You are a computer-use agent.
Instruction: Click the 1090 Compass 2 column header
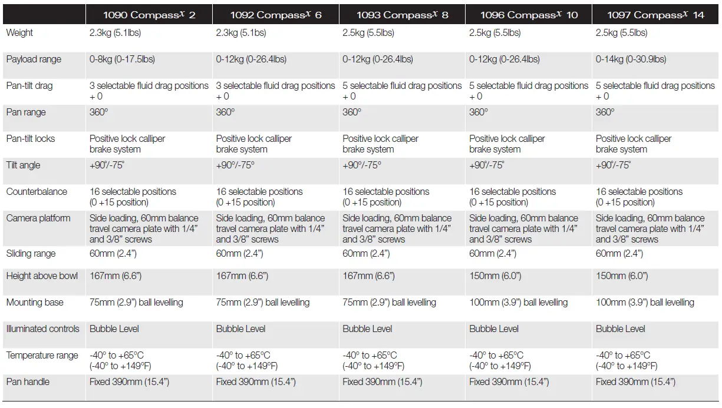click(x=149, y=15)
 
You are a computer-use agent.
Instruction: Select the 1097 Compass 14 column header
click(x=655, y=15)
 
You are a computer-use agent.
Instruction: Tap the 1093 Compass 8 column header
click(x=402, y=15)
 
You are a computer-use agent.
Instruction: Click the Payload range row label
click(x=34, y=59)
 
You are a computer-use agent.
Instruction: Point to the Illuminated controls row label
click(x=42, y=329)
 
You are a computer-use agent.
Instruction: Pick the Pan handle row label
click(x=28, y=382)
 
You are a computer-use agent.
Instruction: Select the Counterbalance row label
click(x=37, y=192)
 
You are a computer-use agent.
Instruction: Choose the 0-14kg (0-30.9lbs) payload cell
click(x=631, y=59)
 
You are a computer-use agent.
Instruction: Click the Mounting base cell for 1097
click(x=645, y=303)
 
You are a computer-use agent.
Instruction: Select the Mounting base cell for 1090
click(x=136, y=303)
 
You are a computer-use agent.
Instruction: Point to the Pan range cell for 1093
click(x=352, y=112)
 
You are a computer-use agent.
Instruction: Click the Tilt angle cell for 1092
click(x=235, y=165)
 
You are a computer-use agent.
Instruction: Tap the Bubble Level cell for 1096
click(x=494, y=329)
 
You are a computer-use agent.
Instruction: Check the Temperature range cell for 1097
click(x=627, y=361)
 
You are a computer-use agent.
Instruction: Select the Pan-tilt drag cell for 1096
click(x=528, y=91)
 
